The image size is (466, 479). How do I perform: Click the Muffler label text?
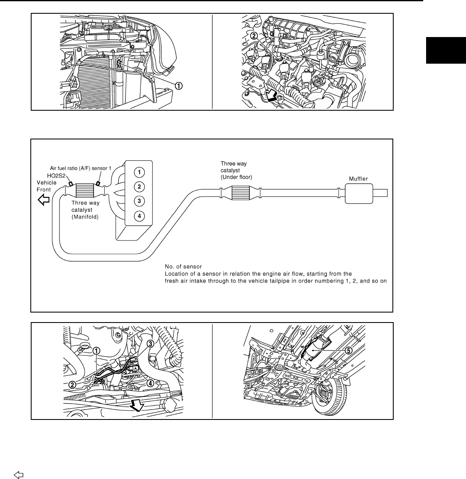tap(358, 179)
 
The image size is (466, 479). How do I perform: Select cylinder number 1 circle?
tap(140, 171)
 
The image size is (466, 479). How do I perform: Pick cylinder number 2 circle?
tap(140, 186)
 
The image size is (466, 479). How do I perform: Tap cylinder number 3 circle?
tap(140, 201)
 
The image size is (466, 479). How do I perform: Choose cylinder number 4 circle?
tap(140, 216)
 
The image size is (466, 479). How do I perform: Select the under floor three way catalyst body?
tap(239, 192)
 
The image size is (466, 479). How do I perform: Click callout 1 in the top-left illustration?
tap(178, 86)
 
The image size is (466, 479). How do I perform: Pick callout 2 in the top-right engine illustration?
tap(254, 36)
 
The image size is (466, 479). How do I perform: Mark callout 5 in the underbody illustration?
tap(349, 350)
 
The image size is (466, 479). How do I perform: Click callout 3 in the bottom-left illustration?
tap(150, 344)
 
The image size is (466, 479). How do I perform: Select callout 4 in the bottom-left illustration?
tap(150, 382)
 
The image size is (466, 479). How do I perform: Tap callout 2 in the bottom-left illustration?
tap(72, 385)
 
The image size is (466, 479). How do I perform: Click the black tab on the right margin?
tap(446, 50)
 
